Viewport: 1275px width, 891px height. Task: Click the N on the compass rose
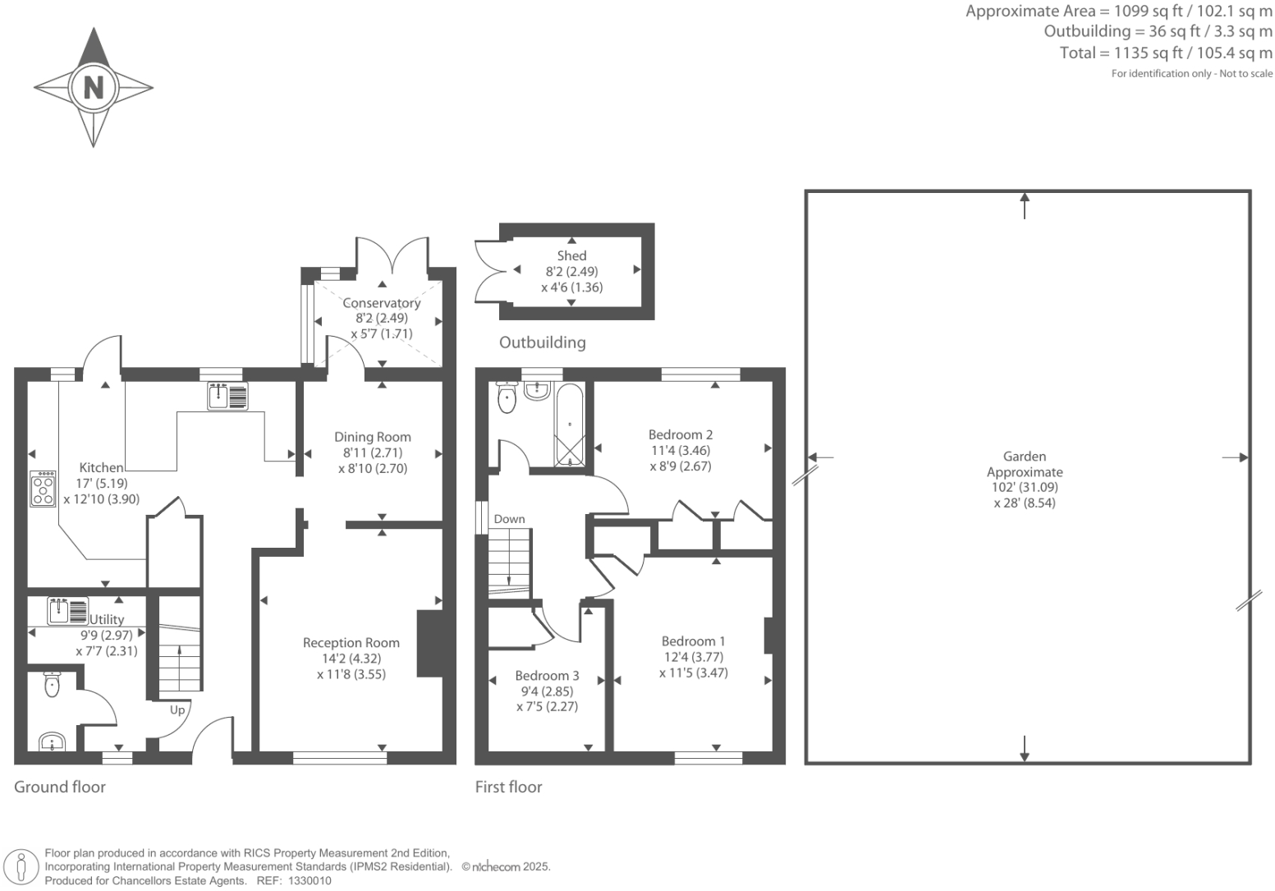pyautogui.click(x=94, y=87)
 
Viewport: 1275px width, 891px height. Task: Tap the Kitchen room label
pyautogui.click(x=101, y=468)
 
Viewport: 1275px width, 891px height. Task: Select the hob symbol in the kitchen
pyautogui.click(x=43, y=489)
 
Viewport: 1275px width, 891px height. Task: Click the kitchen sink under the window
pyautogui.click(x=227, y=397)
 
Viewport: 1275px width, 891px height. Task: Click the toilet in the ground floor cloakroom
pyautogui.click(x=52, y=685)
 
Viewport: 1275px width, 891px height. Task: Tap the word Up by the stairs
pyautogui.click(x=177, y=710)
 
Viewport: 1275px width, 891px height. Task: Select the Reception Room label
pyautogui.click(x=351, y=643)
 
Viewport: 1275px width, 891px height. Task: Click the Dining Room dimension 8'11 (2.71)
pyautogui.click(x=372, y=452)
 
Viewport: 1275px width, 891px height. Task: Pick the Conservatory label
pyautogui.click(x=381, y=303)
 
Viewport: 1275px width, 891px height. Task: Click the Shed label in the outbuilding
pyautogui.click(x=571, y=256)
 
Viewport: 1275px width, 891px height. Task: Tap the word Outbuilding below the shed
pyautogui.click(x=542, y=342)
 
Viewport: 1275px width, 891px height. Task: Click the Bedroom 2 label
pyautogui.click(x=680, y=434)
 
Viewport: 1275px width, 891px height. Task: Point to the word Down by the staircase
pyautogui.click(x=509, y=519)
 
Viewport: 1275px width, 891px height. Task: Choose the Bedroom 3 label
pyautogui.click(x=547, y=676)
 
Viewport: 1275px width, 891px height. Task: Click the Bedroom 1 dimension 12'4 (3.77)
pyautogui.click(x=693, y=657)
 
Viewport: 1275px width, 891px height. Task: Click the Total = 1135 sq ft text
pyautogui.click(x=1166, y=53)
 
